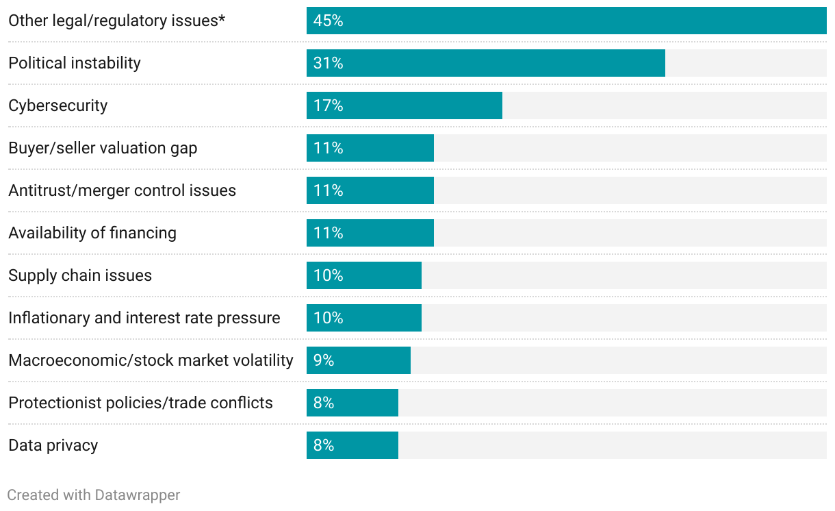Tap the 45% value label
(x=328, y=21)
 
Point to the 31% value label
(x=328, y=63)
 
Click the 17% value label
(x=328, y=105)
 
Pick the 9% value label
(x=324, y=360)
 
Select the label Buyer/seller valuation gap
(x=103, y=148)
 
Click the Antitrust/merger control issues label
(x=122, y=190)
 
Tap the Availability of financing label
(x=92, y=233)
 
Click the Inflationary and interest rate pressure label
(x=144, y=318)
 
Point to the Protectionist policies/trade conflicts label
(x=140, y=403)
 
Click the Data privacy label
(x=53, y=445)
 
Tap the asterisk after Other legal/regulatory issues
(x=222, y=18)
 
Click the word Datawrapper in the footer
(x=138, y=495)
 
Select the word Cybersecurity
(x=58, y=105)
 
